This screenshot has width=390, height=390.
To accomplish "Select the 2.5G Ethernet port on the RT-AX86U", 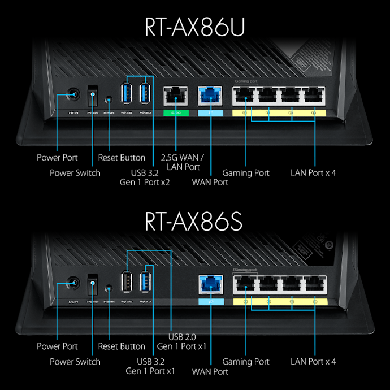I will (176, 96).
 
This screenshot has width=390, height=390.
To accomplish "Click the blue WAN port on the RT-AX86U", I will (210, 96).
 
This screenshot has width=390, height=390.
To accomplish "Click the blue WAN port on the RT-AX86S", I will (210, 284).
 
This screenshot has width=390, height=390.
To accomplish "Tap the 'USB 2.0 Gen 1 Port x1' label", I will (181, 341).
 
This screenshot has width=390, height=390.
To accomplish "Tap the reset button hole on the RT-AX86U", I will (109, 97).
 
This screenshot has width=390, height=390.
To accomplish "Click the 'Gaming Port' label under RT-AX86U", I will (246, 173).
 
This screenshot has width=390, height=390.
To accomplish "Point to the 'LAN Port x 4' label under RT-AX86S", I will (313, 362).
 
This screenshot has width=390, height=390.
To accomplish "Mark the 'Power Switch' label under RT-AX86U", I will (75, 173).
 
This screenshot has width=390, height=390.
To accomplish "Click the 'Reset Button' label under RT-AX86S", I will (122, 346).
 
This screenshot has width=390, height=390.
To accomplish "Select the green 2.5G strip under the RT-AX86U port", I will (176, 113).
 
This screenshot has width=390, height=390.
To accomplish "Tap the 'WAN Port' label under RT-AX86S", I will (210, 371).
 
